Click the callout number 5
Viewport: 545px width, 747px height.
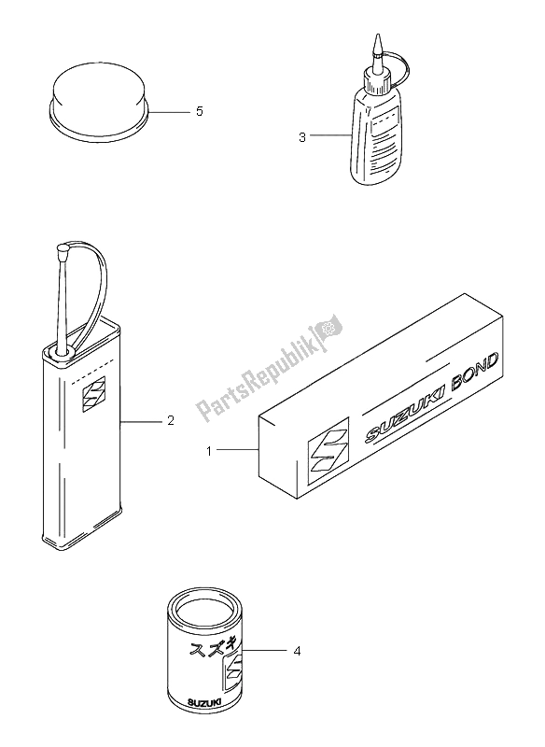(x=200, y=111)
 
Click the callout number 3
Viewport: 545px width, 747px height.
(x=302, y=137)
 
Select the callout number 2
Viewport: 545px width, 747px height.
(x=171, y=421)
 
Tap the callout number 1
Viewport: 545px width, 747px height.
(x=209, y=451)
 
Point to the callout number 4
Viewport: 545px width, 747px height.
(x=297, y=651)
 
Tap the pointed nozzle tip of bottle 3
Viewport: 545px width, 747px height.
(x=378, y=38)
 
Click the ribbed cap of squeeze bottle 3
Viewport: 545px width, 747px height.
(x=377, y=82)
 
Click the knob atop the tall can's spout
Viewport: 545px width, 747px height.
(x=63, y=247)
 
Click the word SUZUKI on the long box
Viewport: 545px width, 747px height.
(x=405, y=415)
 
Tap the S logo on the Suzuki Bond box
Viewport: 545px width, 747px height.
(x=328, y=450)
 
